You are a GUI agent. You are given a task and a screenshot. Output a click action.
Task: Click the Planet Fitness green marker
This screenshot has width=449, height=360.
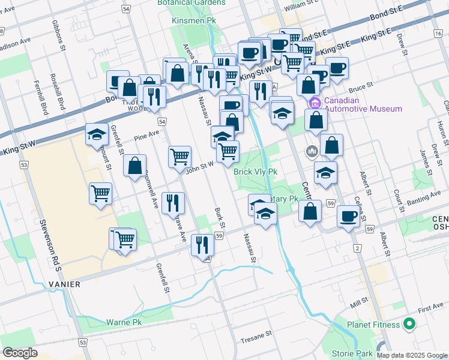point(410,325)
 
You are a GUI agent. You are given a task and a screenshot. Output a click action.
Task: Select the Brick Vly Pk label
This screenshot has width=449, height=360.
point(255,172)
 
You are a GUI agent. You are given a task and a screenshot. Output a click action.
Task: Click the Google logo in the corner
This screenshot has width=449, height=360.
point(20,353)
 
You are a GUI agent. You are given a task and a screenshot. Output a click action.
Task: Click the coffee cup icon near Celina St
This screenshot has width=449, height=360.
point(348,216)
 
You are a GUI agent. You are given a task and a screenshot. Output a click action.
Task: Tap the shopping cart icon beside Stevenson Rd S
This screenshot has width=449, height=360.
point(101,193)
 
